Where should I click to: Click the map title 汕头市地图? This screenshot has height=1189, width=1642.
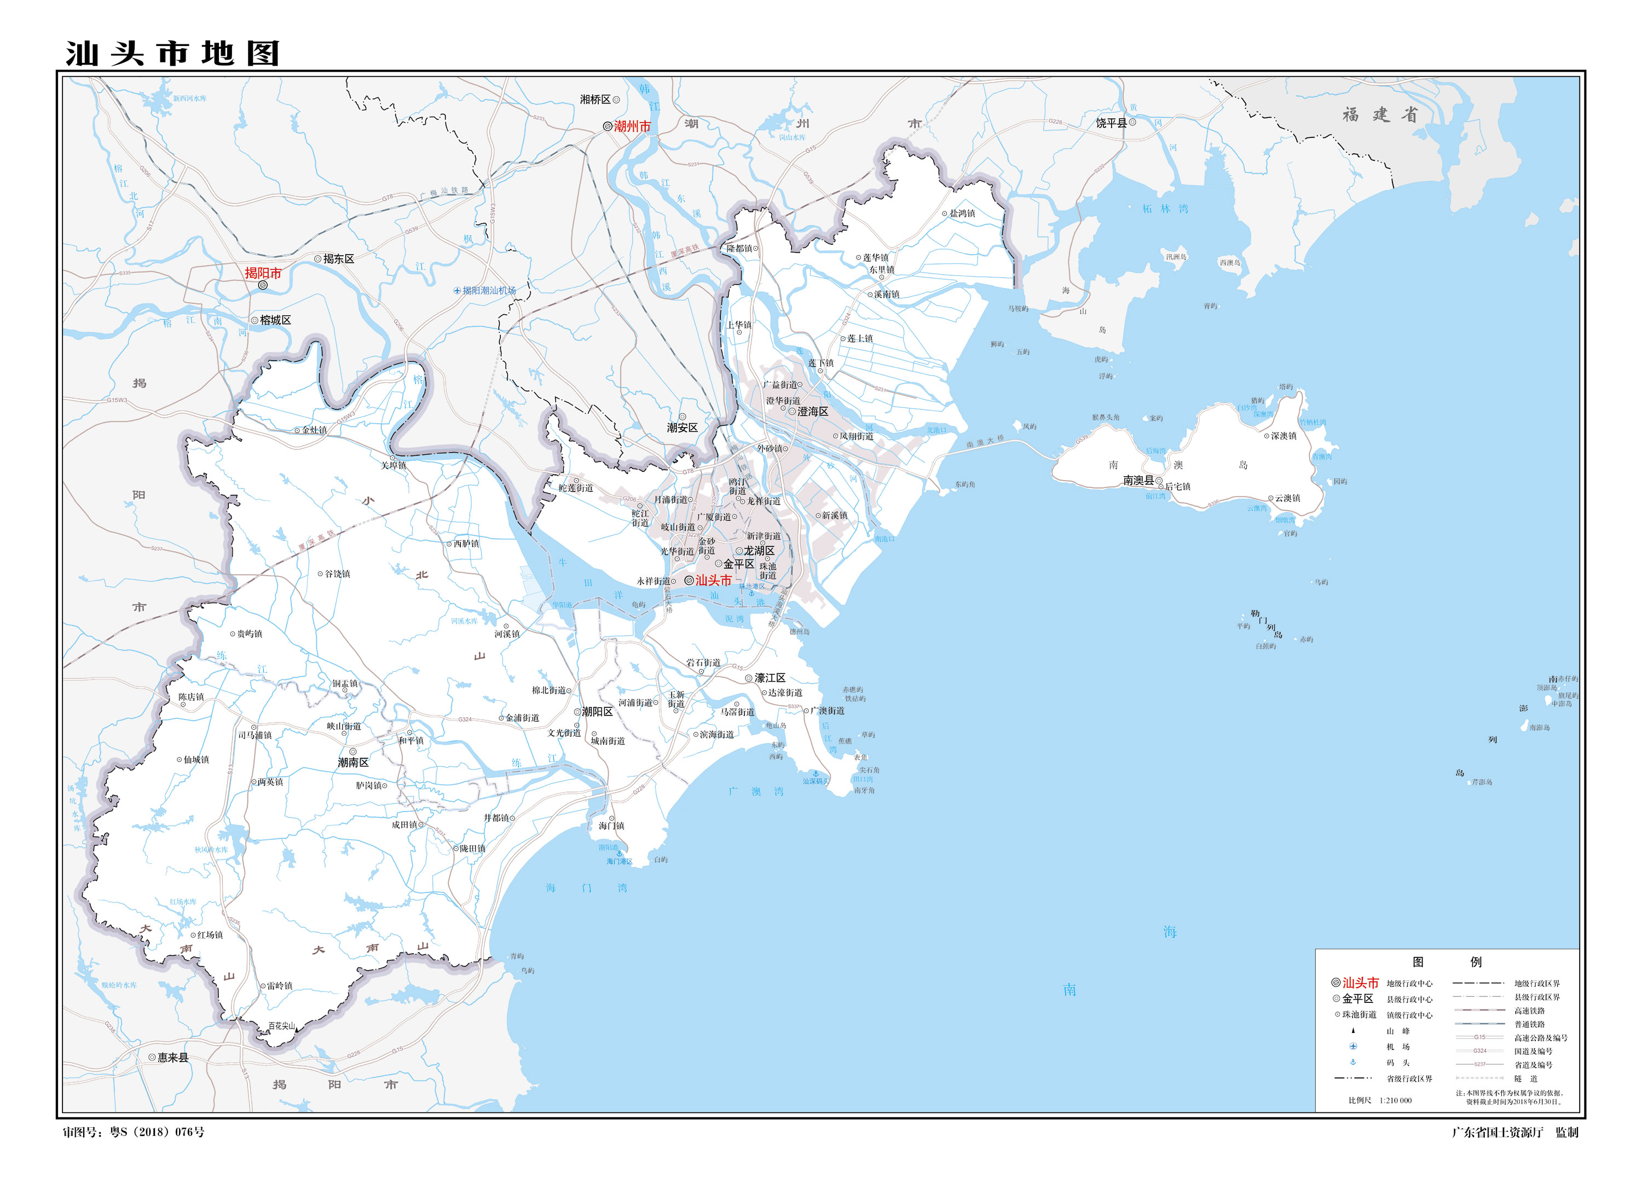click(x=172, y=54)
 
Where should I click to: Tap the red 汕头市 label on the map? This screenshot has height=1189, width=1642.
click(x=713, y=580)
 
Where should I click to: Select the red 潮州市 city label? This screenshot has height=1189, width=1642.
click(x=632, y=126)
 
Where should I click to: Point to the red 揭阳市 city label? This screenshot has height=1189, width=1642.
click(x=263, y=273)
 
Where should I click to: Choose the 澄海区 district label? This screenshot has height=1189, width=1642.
click(x=812, y=411)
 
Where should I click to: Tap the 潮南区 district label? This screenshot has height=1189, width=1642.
click(x=354, y=763)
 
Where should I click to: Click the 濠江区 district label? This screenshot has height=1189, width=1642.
click(x=770, y=678)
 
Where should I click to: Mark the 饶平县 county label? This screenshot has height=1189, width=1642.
click(x=1111, y=123)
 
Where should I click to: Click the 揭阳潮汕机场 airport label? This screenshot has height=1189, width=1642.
click(x=489, y=290)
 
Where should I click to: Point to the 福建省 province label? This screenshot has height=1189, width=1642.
click(x=1379, y=114)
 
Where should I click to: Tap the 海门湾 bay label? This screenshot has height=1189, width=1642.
click(x=586, y=888)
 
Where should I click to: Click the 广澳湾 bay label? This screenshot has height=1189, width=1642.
click(x=756, y=792)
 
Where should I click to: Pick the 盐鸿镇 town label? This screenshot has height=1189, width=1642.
click(x=962, y=213)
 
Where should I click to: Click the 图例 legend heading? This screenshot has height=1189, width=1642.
click(x=1447, y=962)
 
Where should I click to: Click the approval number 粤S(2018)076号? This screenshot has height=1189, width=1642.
click(x=157, y=1132)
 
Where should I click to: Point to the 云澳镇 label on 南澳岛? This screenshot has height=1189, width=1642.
click(x=1287, y=498)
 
